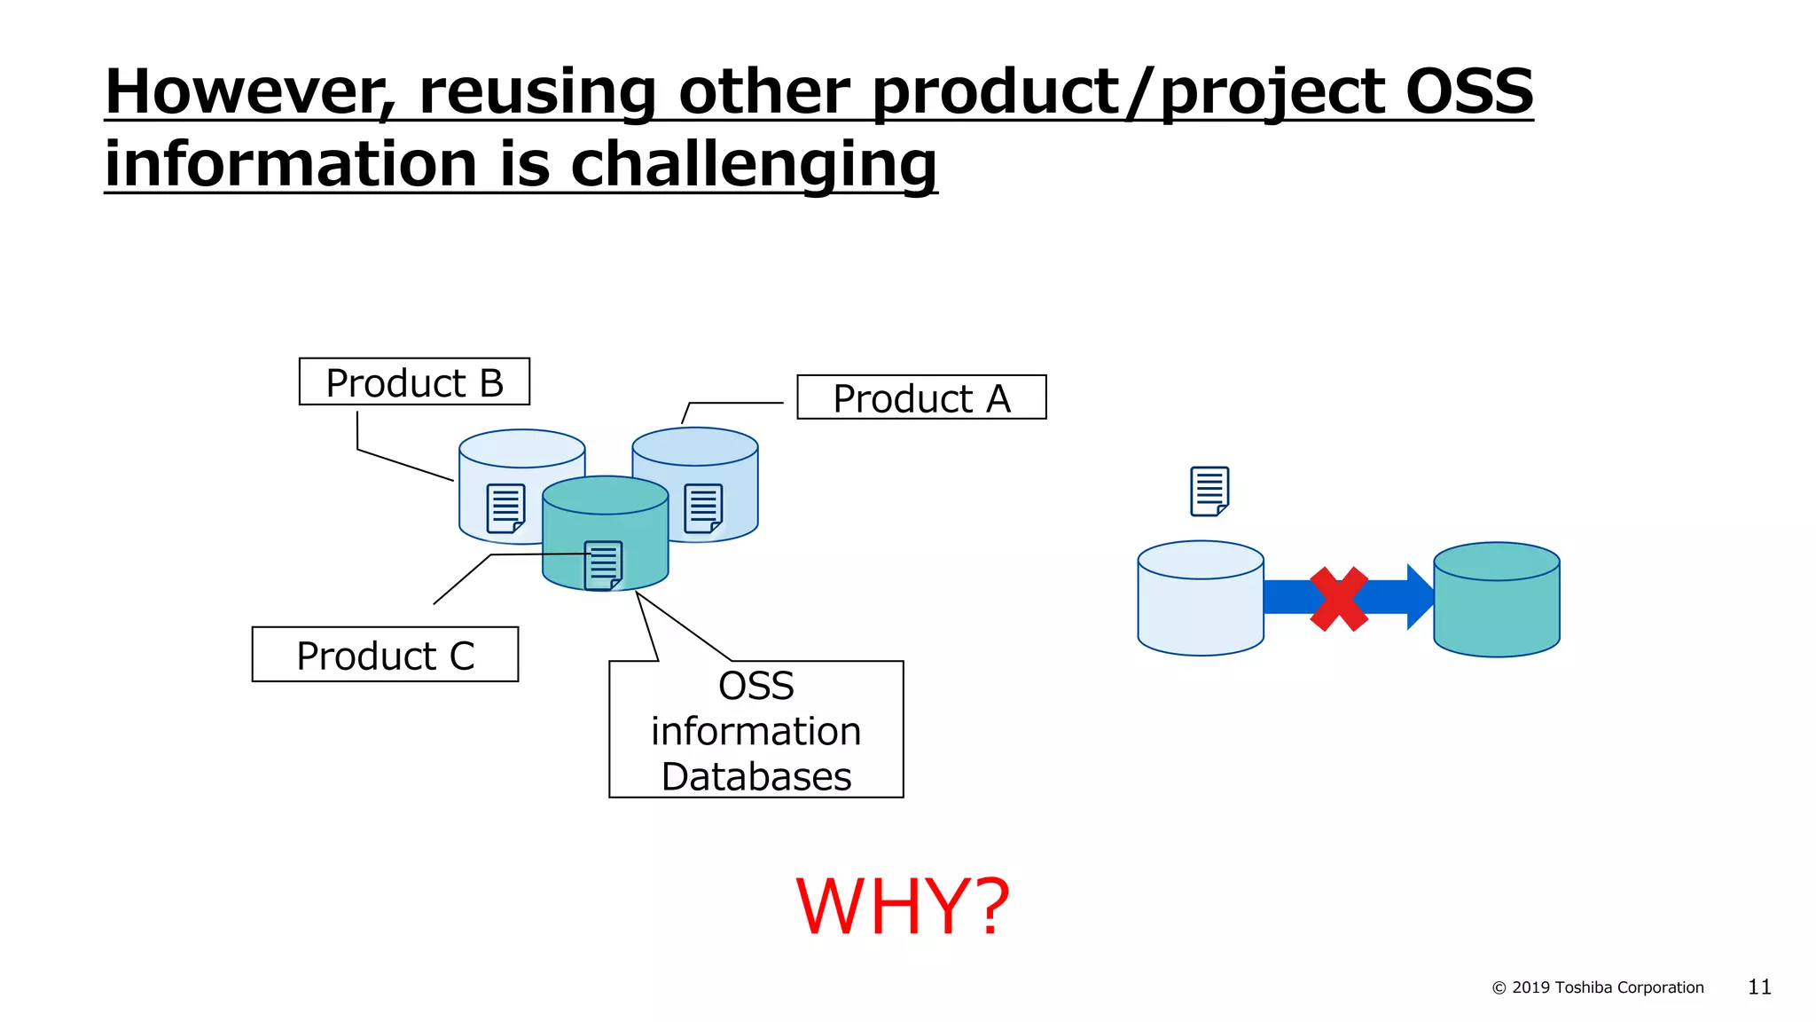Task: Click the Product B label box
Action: pos(414,382)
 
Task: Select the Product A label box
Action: pos(921,397)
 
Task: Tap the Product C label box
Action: pos(385,655)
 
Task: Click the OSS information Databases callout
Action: pos(755,729)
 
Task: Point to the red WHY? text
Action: pos(902,907)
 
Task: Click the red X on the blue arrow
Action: pos(1339,599)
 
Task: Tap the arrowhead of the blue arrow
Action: pos(1420,597)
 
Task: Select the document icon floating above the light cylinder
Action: pos(1209,491)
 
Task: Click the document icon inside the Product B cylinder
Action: pos(505,508)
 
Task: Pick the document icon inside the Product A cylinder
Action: pos(703,508)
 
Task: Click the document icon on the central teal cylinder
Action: pos(603,565)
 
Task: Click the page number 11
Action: pos(1758,987)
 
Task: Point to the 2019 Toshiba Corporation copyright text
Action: pos(1598,987)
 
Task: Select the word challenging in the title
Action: pos(753,164)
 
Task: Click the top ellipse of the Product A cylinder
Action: pos(694,446)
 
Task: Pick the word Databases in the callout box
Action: pos(755,776)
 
